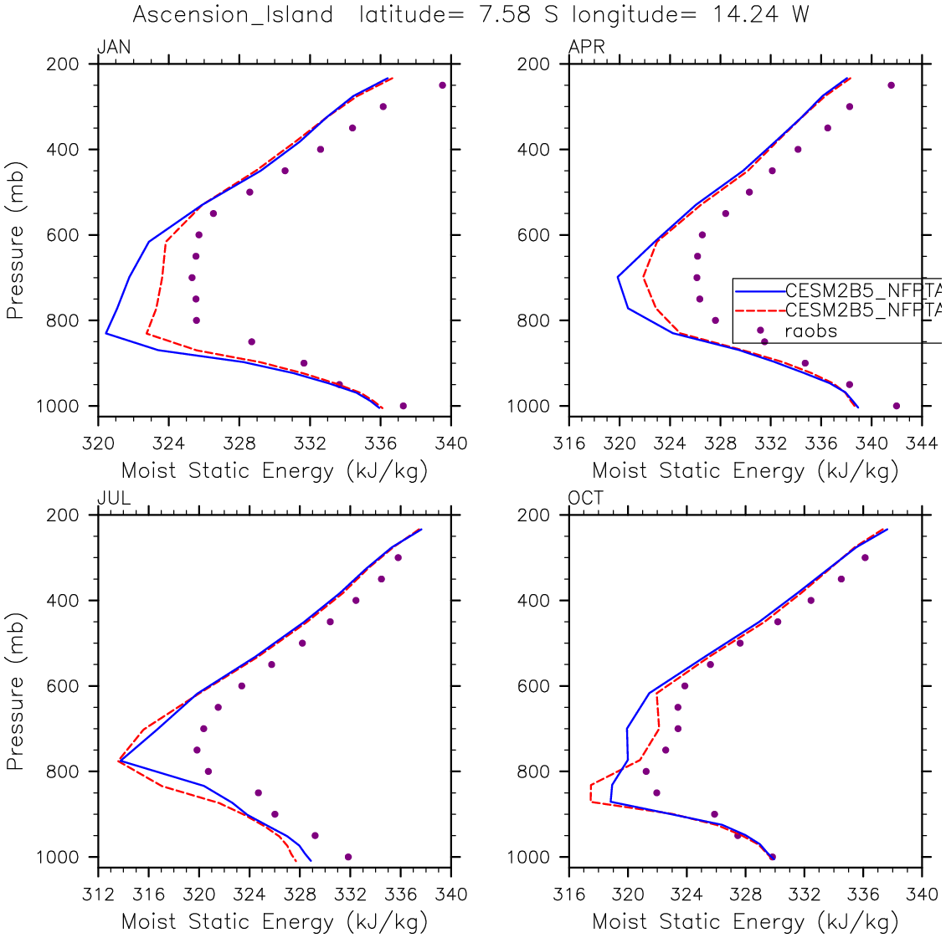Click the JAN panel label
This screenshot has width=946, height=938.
115,48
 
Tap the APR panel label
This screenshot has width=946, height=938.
586,48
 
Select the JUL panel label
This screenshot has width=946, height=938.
115,499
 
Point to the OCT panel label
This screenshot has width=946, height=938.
586,499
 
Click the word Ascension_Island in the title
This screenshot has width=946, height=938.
233,15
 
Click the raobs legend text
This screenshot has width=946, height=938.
810,331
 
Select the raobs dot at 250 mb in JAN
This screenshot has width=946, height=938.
443,85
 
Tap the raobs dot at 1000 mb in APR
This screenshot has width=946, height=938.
897,406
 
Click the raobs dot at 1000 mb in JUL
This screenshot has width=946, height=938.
348,857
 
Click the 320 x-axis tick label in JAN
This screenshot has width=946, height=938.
98,443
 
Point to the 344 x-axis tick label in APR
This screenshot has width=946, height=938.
923,443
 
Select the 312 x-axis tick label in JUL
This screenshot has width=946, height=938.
98,894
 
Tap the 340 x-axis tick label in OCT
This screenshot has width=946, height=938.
923,894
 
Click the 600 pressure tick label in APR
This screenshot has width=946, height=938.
533,235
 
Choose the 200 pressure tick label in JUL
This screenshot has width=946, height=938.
63,515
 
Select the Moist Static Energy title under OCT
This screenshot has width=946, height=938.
745,922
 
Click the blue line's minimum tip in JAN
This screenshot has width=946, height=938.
105,333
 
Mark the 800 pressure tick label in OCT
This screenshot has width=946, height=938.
533,771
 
